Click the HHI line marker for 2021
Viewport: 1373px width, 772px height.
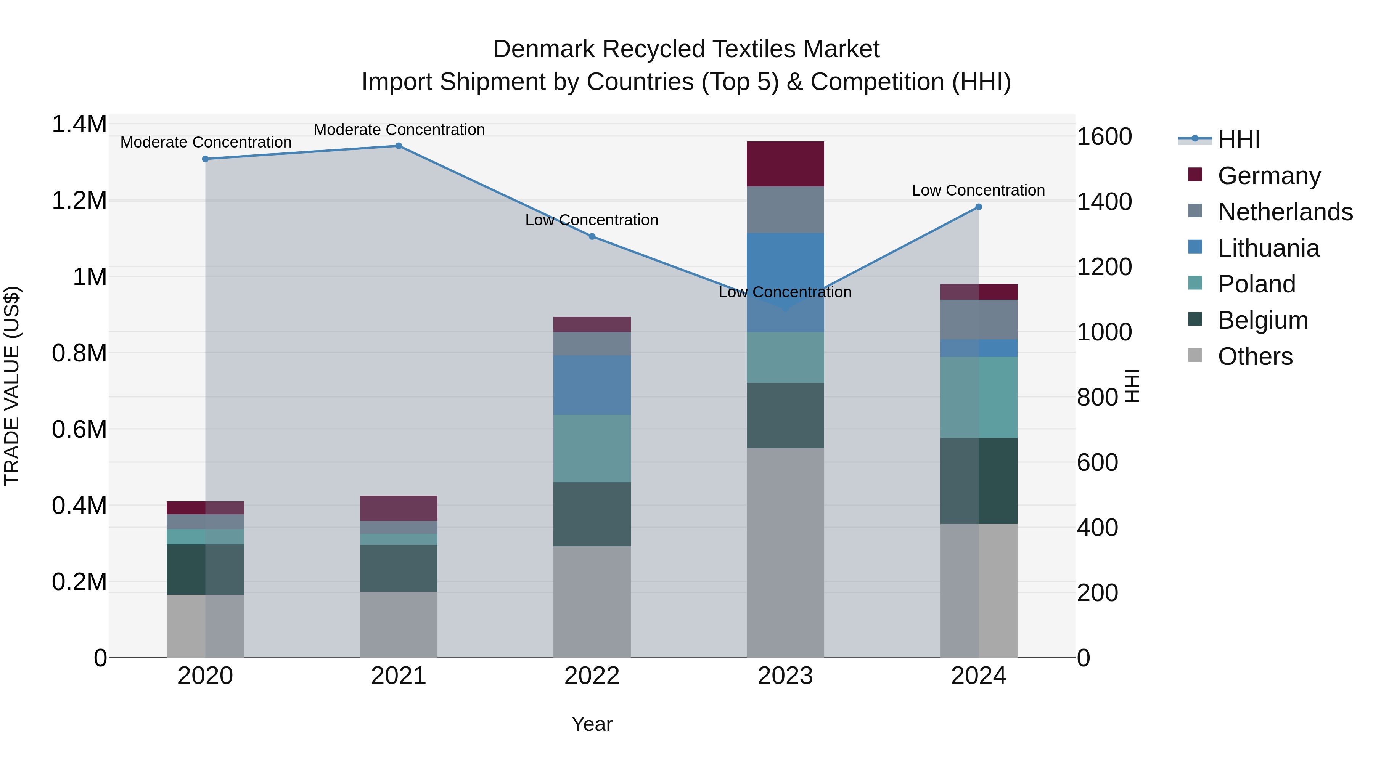[399, 146]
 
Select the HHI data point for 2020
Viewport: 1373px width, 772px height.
[205, 159]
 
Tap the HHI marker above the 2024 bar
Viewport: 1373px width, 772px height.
[979, 207]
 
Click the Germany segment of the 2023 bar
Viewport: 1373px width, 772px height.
[785, 164]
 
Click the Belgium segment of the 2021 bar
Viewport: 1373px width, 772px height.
[399, 568]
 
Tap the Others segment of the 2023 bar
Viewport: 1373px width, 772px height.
[785, 552]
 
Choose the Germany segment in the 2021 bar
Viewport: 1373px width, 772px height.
[399, 508]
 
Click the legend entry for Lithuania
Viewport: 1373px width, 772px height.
[1268, 248]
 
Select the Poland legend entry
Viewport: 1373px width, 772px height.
[1256, 284]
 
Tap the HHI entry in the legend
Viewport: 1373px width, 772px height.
[1239, 140]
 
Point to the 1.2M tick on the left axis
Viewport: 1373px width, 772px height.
[79, 201]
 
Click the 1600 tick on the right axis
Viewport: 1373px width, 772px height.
[1104, 137]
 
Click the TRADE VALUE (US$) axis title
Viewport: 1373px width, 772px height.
[12, 386]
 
